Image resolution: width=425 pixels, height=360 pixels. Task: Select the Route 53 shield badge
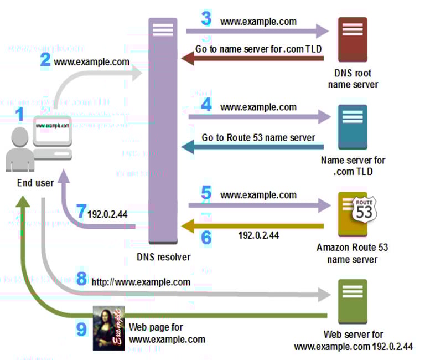point(364,209)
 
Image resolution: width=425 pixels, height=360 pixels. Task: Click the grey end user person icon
point(20,150)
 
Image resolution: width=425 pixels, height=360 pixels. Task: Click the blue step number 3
point(206,19)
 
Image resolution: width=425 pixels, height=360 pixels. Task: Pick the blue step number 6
point(206,237)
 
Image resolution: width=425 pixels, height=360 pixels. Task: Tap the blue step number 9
point(82,330)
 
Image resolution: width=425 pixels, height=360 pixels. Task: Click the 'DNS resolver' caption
point(163,257)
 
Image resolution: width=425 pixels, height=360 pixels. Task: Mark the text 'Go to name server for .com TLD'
point(258,49)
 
